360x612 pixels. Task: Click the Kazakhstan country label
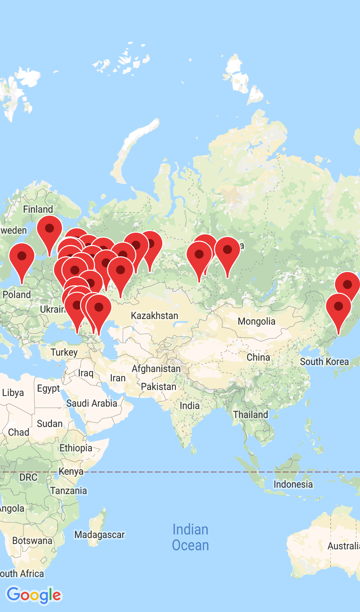(154, 315)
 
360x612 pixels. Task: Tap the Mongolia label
(256, 321)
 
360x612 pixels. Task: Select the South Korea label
(324, 362)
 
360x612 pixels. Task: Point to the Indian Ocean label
(190, 537)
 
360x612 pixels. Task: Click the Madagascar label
(99, 535)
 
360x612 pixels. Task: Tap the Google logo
(34, 595)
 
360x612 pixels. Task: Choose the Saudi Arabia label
(92, 403)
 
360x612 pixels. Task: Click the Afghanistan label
(156, 369)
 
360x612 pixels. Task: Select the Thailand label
(250, 415)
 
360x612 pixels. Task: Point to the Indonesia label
(293, 484)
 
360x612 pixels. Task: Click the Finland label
(38, 209)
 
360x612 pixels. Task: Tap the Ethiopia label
(76, 448)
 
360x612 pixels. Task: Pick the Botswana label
(32, 541)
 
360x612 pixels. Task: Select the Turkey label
(64, 352)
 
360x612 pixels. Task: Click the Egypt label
(48, 389)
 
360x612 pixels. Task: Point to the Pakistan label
(158, 387)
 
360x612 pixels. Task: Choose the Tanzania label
(69, 491)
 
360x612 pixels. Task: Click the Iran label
(118, 378)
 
